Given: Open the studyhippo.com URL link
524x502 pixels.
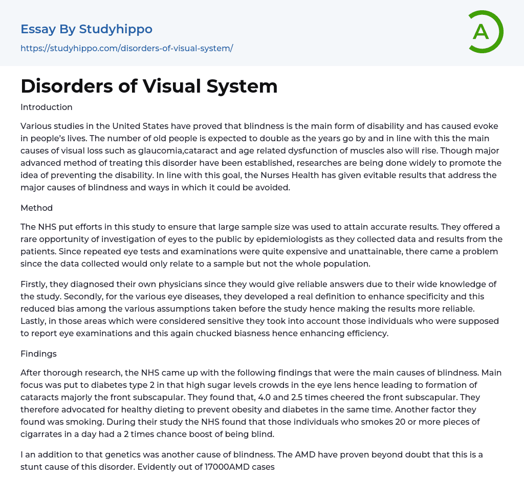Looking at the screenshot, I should coord(126,48).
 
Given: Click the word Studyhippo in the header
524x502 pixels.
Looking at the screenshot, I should coord(116,29).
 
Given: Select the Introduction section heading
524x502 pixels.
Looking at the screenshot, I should coord(47,107).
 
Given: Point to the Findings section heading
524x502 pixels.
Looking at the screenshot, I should coord(38,354).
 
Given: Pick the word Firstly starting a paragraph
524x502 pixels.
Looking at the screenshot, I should coord(34,284).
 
